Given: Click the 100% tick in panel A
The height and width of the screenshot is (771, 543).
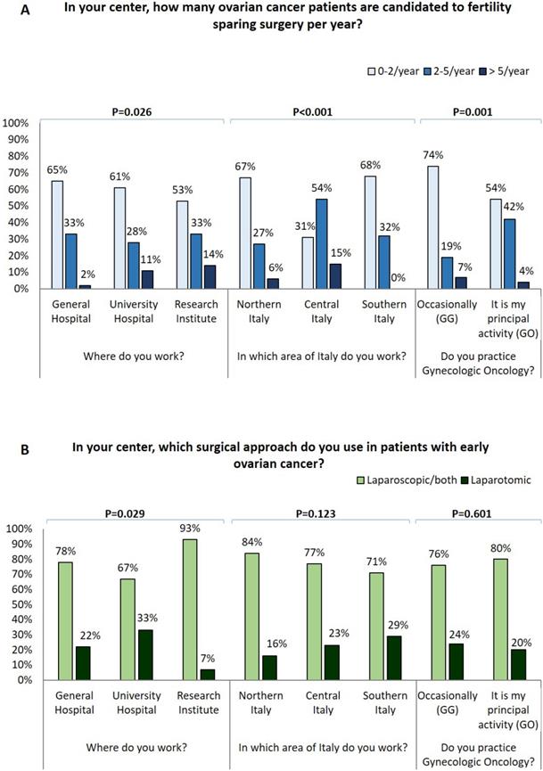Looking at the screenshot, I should point(19,122).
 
